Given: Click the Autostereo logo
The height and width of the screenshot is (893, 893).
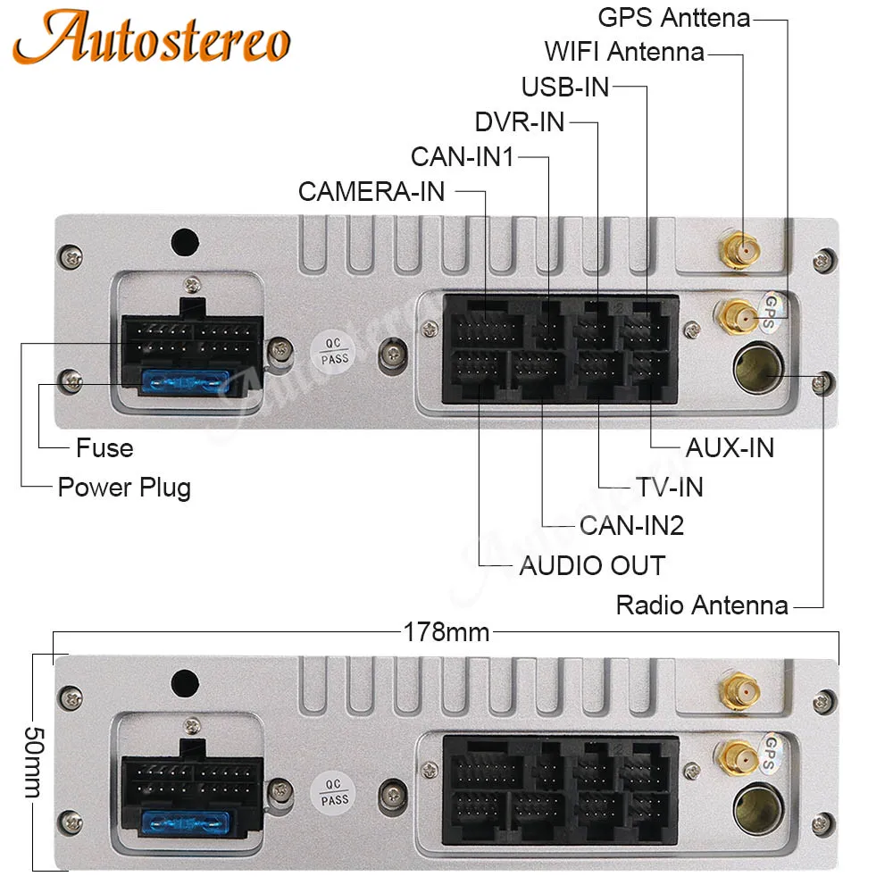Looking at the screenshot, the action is [x=152, y=37].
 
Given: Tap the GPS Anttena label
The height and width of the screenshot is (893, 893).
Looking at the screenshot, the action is [x=674, y=18].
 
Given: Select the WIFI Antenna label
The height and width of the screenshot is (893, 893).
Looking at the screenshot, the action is [x=625, y=52].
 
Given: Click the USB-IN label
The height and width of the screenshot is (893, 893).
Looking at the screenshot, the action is [x=565, y=88].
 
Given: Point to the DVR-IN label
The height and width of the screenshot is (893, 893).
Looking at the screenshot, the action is [x=520, y=121].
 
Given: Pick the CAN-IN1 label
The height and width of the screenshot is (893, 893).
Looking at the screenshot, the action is [x=463, y=156].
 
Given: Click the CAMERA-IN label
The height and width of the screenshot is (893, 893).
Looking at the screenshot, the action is [x=371, y=191].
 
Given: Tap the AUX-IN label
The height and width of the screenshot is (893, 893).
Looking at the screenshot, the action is [x=730, y=447].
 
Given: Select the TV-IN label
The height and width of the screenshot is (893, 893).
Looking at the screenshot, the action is [x=670, y=487].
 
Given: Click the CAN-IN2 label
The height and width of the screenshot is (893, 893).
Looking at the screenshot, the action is [x=632, y=525].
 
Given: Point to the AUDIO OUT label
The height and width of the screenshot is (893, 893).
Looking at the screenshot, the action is [x=592, y=565].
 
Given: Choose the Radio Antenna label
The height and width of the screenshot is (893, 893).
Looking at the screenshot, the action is [x=702, y=605].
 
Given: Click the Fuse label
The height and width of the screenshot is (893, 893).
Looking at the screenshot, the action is [x=104, y=447].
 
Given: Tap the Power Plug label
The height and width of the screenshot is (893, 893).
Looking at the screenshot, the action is [x=124, y=488].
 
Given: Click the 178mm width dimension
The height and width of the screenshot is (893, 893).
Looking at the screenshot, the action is [x=446, y=632].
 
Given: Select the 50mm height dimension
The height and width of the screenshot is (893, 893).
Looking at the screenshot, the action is [x=34, y=762].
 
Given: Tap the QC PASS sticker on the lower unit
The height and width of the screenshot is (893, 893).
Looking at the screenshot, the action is [x=333, y=792].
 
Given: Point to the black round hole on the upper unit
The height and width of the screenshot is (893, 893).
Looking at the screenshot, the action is [x=185, y=243].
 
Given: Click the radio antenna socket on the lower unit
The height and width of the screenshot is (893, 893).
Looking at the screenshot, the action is [x=757, y=807].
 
